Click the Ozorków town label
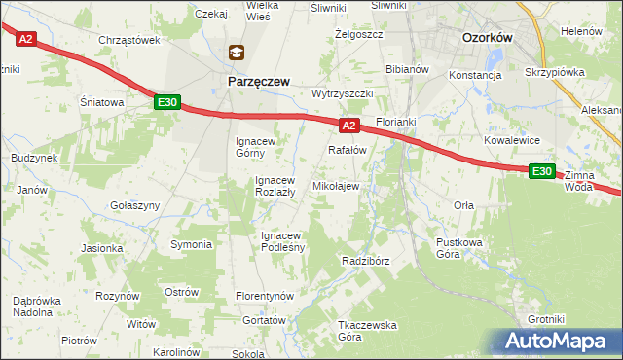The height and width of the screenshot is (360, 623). [x=487, y=37]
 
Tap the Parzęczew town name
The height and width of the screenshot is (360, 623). [x=258, y=83]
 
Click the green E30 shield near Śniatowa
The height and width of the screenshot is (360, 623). [x=166, y=102]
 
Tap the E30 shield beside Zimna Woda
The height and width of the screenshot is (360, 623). [x=542, y=171]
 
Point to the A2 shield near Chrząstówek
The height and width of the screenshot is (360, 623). [x=25, y=39]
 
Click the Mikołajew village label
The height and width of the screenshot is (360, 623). [x=335, y=185]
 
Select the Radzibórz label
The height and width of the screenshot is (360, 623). [x=366, y=261]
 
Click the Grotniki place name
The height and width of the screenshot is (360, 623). [x=546, y=318]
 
